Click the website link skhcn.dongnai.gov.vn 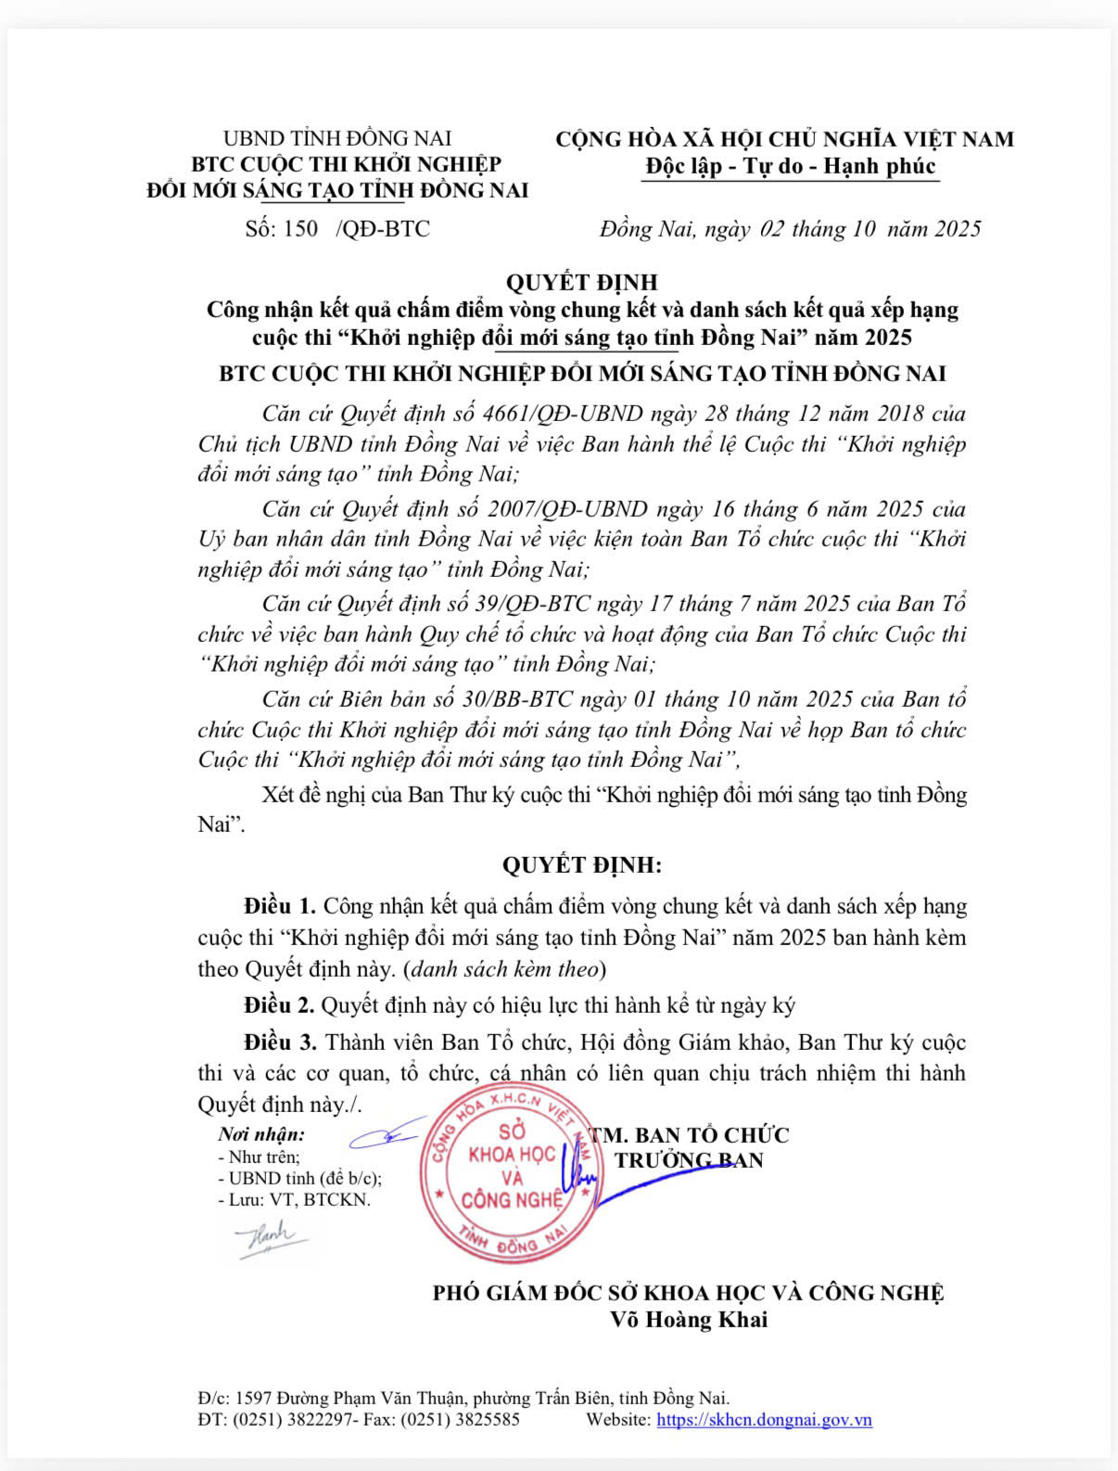coord(764,1420)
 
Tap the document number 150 coord(300,229)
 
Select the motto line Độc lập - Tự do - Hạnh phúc coord(791,167)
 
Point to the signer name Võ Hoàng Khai coord(689,1320)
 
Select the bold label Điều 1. coord(280,906)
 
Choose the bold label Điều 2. coord(280,1005)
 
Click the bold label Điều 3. coord(280,1042)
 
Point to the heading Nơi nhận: coord(261,1134)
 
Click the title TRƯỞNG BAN coord(689,1160)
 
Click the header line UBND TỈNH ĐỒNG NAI coord(337,139)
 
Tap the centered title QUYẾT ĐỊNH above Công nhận coord(581,282)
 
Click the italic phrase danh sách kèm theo coord(503,969)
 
